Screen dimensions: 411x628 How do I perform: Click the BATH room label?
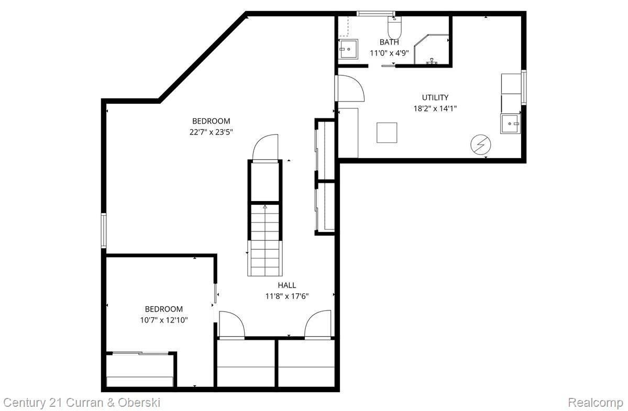coord(389,42)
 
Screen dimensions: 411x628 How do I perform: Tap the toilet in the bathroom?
coord(394,25)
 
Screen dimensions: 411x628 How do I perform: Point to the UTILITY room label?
coord(435,97)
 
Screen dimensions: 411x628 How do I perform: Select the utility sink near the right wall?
coord(510,124)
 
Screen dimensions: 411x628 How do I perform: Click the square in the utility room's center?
coord(387,132)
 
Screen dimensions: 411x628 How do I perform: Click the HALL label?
coord(287,285)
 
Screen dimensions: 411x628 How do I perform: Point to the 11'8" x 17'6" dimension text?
coord(287,296)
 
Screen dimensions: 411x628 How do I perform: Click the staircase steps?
coord(265,241)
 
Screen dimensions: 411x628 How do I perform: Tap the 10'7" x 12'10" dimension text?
coord(163,319)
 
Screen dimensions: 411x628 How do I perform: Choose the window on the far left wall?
coord(104,230)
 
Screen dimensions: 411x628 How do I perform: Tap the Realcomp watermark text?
coord(596,403)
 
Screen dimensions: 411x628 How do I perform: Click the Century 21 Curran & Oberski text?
coord(82,403)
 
